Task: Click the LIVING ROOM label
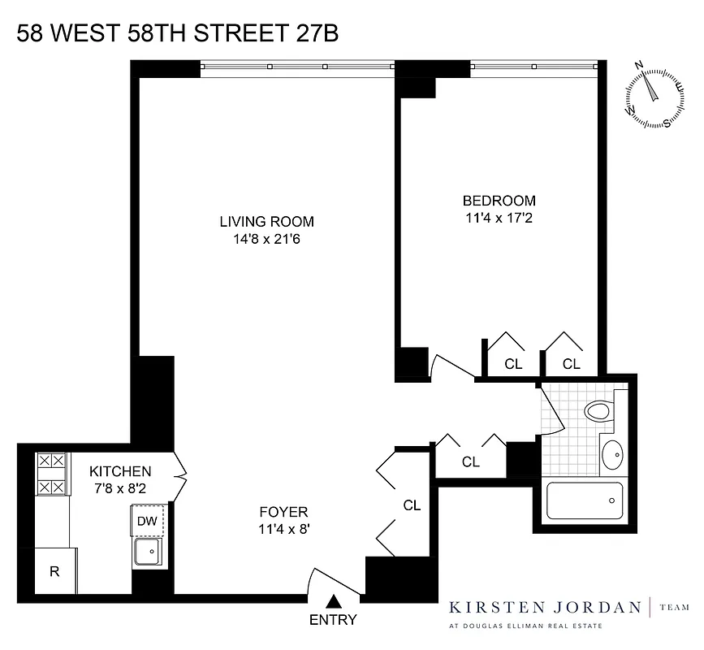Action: coord(266,221)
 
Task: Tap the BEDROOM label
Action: coord(499,201)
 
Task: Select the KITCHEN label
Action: coord(120,471)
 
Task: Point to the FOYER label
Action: coord(283,512)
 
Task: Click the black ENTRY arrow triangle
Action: coord(333,602)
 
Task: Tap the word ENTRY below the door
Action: coord(333,621)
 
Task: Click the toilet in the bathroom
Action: coord(599,410)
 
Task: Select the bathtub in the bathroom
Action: coord(585,500)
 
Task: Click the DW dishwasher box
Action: coord(147,521)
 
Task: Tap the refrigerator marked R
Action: coord(55,570)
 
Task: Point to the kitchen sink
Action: coord(148,554)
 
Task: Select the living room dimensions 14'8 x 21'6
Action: coord(266,239)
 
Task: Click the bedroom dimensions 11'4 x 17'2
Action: coord(499,218)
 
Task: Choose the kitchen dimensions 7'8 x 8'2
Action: coord(120,489)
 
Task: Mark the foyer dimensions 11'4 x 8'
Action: coord(283,529)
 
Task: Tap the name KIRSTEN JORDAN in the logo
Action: coord(546,606)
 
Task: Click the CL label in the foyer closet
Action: coord(412,505)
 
